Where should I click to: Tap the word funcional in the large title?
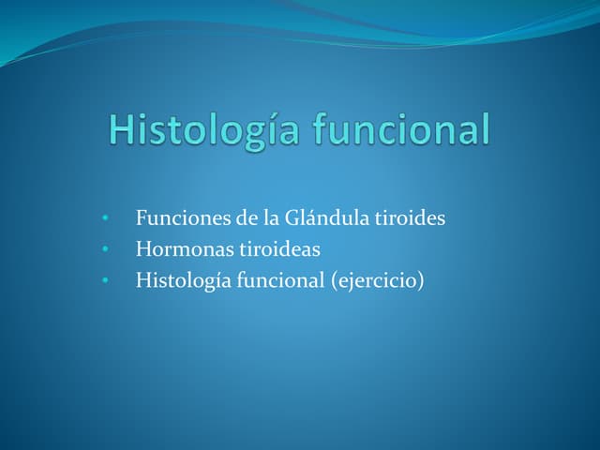point(402,130)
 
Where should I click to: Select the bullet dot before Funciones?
point(108,219)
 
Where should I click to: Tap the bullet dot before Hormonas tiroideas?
point(108,249)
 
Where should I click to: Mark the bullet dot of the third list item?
point(108,279)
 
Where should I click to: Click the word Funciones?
point(175,218)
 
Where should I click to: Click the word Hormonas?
point(179,248)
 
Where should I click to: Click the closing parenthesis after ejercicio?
point(421,279)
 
